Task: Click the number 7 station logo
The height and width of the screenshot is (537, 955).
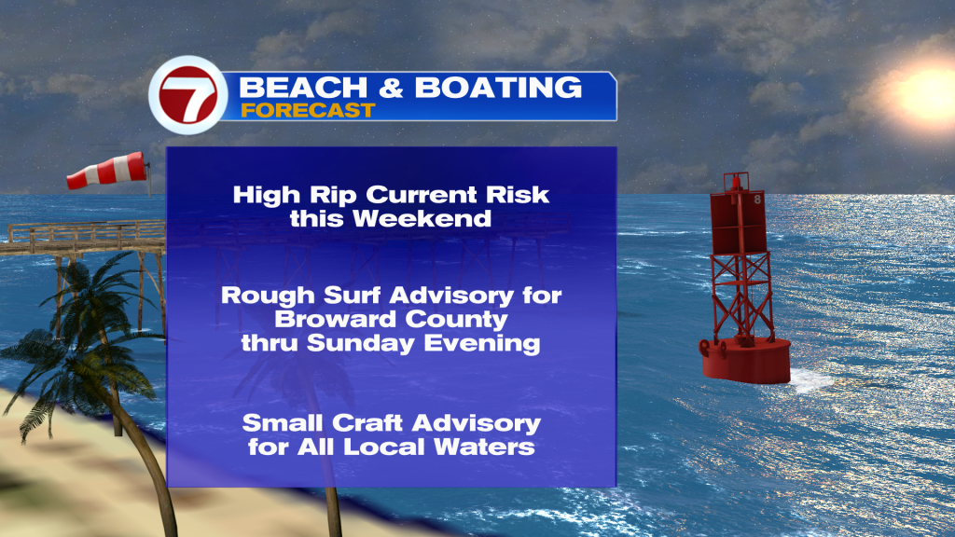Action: (188, 95)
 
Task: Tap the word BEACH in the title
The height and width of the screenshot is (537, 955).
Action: (303, 88)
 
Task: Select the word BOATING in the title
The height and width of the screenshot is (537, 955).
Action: (498, 88)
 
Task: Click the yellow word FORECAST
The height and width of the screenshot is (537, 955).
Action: (308, 110)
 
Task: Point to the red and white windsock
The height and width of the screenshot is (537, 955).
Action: (108, 171)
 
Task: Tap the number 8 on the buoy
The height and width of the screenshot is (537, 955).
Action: (757, 200)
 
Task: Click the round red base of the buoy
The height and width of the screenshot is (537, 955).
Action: (745, 361)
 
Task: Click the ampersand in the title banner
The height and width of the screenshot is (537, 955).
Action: (391, 88)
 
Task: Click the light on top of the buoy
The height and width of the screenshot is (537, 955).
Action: (736, 181)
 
